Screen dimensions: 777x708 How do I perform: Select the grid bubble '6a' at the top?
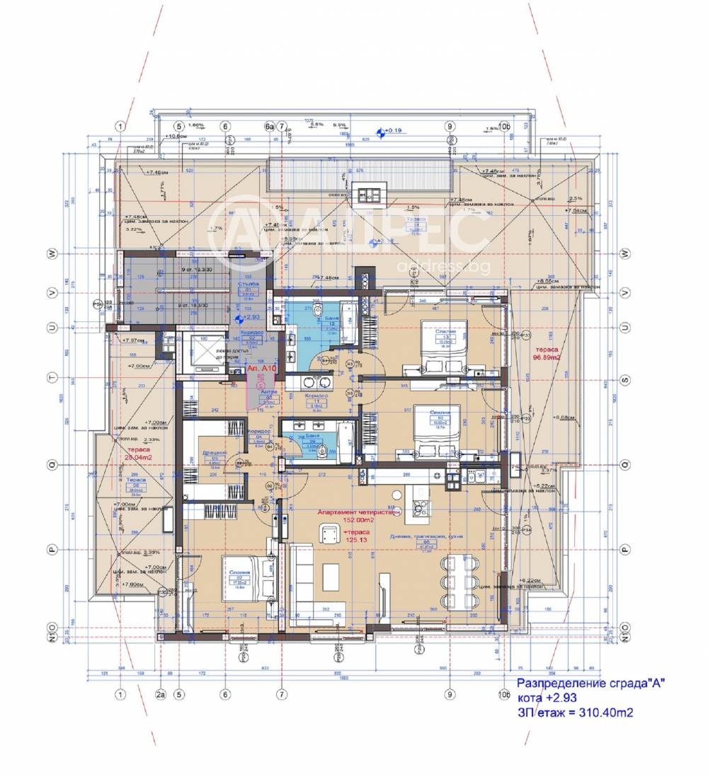pyautogui.click(x=269, y=127)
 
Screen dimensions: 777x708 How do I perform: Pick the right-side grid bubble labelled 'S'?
pyautogui.click(x=624, y=380)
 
